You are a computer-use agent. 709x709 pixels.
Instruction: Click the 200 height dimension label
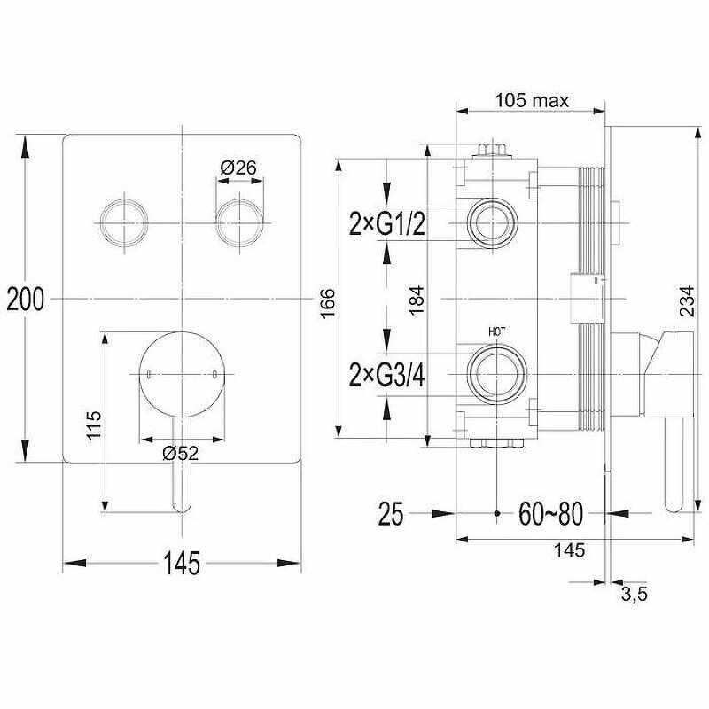(25, 300)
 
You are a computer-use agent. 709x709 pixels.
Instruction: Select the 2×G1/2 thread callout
(387, 224)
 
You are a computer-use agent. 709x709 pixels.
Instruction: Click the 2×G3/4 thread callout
(387, 375)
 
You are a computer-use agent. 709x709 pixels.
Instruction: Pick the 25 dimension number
(391, 513)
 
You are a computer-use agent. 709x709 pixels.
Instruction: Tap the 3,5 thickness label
(633, 596)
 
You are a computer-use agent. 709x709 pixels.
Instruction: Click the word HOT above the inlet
(496, 331)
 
